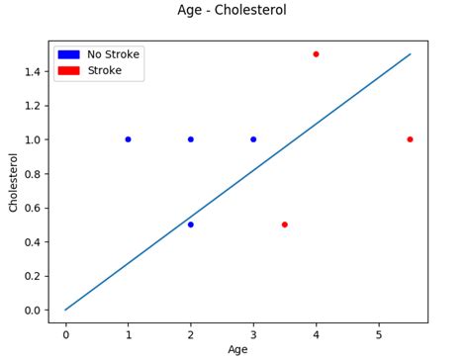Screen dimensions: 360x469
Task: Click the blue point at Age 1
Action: (x=128, y=139)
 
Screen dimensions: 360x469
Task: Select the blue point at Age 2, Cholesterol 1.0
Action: (x=191, y=139)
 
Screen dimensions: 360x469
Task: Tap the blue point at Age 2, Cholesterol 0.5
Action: (x=191, y=225)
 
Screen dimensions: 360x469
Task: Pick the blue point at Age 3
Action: (x=253, y=139)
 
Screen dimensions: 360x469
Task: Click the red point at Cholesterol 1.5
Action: (x=316, y=54)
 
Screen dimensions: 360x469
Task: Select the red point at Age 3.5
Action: (x=285, y=225)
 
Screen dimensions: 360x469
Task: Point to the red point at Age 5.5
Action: (x=410, y=139)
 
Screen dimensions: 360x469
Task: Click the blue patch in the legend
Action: (x=68, y=54)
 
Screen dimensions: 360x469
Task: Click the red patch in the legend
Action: (x=68, y=70)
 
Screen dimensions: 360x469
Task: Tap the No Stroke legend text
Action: (x=114, y=54)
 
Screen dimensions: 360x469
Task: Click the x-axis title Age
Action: (x=237, y=349)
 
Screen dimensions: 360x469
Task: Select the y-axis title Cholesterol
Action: (x=13, y=181)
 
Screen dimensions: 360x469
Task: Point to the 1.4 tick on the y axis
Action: (x=32, y=71)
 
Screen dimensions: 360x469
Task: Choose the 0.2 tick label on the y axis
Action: (x=32, y=276)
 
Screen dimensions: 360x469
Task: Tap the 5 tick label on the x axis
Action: (x=379, y=334)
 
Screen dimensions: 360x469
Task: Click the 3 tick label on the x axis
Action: (x=253, y=334)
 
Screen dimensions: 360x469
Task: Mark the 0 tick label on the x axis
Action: (x=65, y=334)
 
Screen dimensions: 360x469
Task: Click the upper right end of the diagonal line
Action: (x=410, y=54)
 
